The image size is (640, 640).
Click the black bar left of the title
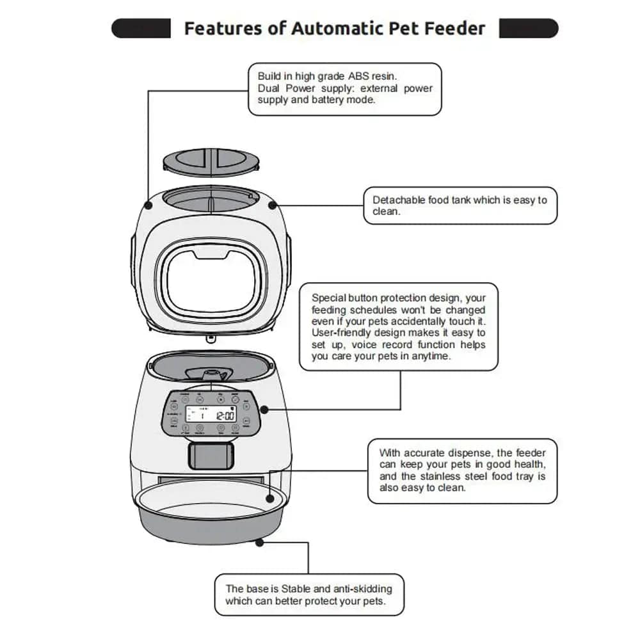coord(141,28)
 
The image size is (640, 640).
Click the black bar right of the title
coord(528,28)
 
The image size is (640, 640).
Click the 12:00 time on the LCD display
coord(225,415)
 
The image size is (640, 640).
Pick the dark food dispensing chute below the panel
coord(211,455)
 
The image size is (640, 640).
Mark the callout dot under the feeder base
coord(259,542)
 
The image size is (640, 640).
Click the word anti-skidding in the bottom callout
coord(360,588)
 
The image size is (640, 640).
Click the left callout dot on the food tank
coord(148,206)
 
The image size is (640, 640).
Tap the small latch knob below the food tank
coord(210,340)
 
